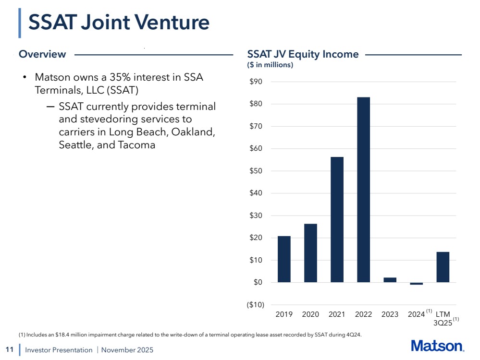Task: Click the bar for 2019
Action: click(x=284, y=259)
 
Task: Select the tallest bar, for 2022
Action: click(x=363, y=190)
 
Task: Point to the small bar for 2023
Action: click(x=390, y=280)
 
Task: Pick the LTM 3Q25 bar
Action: click(x=443, y=267)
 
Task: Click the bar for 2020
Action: click(x=310, y=253)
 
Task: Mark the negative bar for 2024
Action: click(x=416, y=284)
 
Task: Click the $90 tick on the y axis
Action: click(x=256, y=82)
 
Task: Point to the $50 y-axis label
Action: click(x=256, y=171)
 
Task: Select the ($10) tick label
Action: click(x=254, y=305)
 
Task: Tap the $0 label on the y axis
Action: click(x=258, y=282)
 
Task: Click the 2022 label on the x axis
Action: click(x=363, y=315)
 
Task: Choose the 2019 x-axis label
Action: click(x=284, y=315)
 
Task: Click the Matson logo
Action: click(x=437, y=346)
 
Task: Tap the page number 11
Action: click(x=9, y=349)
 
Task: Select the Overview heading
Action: click(x=42, y=54)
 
